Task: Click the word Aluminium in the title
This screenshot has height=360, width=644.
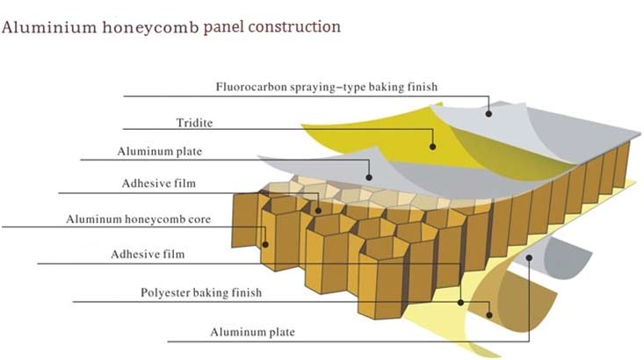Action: [x=49, y=27]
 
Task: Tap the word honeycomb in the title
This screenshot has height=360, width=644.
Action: [x=150, y=28]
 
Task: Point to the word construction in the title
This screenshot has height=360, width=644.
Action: [x=294, y=27]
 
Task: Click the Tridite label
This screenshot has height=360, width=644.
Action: [x=194, y=123]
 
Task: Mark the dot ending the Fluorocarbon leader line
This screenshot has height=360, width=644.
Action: [x=488, y=113]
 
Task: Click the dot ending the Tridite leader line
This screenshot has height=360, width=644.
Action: [x=432, y=147]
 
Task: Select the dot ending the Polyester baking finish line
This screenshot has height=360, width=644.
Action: [x=489, y=315]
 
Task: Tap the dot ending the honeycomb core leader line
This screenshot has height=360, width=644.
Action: [x=265, y=245]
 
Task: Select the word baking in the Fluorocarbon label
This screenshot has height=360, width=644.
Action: [x=387, y=88]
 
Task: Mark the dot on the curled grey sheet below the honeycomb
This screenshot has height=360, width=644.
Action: [x=529, y=258]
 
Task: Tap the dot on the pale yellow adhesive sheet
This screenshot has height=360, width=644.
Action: [x=461, y=303]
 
